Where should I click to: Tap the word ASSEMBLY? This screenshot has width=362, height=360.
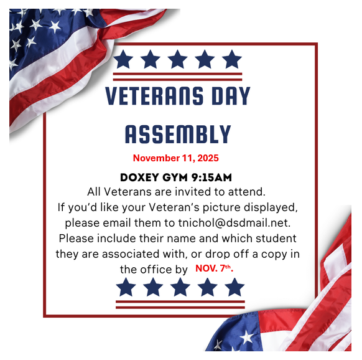[178, 134]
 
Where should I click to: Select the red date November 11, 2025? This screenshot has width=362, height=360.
[175, 158]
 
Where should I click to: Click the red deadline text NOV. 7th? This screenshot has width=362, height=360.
[215, 268]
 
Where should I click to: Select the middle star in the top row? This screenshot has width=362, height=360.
[177, 60]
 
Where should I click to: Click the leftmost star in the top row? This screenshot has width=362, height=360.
[123, 60]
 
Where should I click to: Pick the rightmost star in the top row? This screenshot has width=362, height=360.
[231, 60]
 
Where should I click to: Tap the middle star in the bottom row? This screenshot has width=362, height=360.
[180, 287]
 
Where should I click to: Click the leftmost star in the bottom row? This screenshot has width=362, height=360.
[126, 287]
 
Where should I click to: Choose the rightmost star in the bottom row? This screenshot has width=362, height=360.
[234, 287]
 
